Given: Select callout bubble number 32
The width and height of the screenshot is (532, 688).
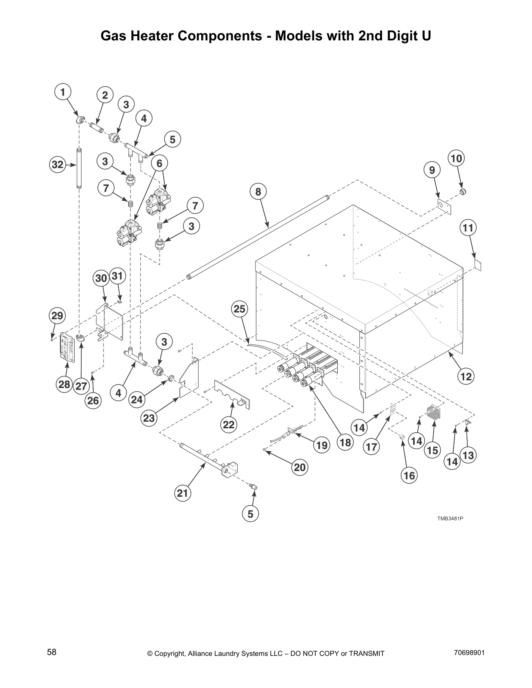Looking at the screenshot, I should click(x=57, y=165).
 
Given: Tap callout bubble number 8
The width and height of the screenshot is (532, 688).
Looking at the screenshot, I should click(x=258, y=191).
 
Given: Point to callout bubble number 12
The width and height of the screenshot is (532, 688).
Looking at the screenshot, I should click(x=466, y=376).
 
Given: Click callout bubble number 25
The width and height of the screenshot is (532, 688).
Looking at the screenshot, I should click(x=239, y=309).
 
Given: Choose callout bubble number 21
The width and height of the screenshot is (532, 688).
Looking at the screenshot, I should click(x=183, y=493).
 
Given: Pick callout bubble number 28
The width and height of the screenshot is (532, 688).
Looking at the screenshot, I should click(x=64, y=384).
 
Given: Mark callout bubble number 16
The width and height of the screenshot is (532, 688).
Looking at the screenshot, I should click(x=409, y=475).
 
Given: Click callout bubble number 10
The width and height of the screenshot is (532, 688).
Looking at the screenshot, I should click(x=456, y=158).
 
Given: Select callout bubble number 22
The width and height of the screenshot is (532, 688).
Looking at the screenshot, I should click(x=229, y=424).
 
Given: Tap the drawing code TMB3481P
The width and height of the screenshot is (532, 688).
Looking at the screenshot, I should click(x=450, y=518).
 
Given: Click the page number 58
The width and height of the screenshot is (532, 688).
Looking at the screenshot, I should click(x=52, y=652).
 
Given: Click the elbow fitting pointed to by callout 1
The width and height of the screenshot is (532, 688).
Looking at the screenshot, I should click(x=80, y=120).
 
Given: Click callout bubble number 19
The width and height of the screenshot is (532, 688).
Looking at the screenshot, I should click(x=321, y=445).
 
